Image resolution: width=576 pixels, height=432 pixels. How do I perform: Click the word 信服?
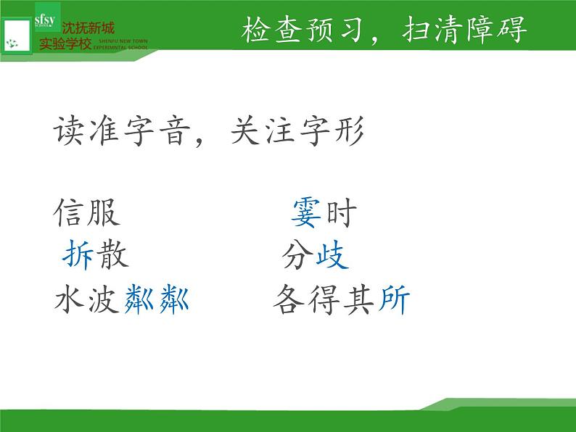click(87, 214)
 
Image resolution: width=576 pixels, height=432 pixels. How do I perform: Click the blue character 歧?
click(332, 256)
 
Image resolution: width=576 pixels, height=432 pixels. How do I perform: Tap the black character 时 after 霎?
click(342, 213)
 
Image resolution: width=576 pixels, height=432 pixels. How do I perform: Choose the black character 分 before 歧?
click(298, 256)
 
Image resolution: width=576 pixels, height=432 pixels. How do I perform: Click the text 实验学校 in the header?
click(65, 43)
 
